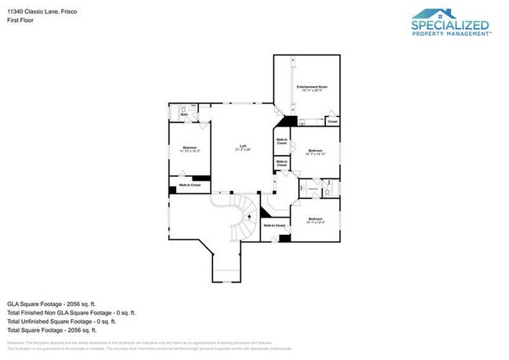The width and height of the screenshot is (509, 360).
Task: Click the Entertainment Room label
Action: (312, 88)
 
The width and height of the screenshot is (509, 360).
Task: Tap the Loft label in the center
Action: (244, 146)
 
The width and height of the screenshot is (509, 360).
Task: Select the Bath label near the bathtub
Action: (184, 115)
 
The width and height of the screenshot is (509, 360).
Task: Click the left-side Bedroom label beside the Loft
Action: (190, 149)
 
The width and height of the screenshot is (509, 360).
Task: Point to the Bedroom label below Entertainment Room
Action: (315, 151)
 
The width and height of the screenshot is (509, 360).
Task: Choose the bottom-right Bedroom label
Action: (315, 220)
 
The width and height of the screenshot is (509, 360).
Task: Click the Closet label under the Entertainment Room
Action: (332, 122)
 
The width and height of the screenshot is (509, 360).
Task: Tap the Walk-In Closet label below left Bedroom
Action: (190, 185)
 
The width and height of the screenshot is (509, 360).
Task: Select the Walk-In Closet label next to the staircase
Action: (273, 225)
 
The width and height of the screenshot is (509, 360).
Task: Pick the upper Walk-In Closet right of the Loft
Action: (280, 142)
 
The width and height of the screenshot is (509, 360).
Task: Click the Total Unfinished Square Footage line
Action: (62, 321)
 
